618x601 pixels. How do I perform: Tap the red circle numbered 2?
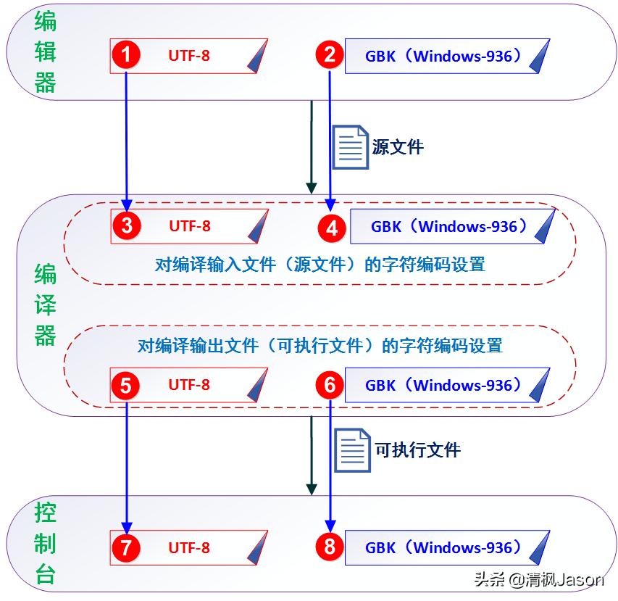(x=330, y=55)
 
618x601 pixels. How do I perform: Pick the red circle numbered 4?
(x=332, y=228)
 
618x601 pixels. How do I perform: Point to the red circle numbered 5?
(x=126, y=386)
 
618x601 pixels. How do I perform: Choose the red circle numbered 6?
(x=330, y=386)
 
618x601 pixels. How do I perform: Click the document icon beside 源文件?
(x=351, y=147)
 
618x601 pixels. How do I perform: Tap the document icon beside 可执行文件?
(x=353, y=450)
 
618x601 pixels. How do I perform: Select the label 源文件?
(x=398, y=147)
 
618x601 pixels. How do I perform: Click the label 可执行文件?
(x=417, y=450)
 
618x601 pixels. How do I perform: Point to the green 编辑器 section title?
(x=45, y=53)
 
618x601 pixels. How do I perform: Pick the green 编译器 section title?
(x=45, y=304)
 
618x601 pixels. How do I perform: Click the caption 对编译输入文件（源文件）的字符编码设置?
(x=320, y=264)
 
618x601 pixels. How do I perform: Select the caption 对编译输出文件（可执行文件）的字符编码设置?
(x=320, y=345)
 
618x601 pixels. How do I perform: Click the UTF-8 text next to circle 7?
(x=189, y=547)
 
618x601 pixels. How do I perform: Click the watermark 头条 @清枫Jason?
(x=538, y=579)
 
